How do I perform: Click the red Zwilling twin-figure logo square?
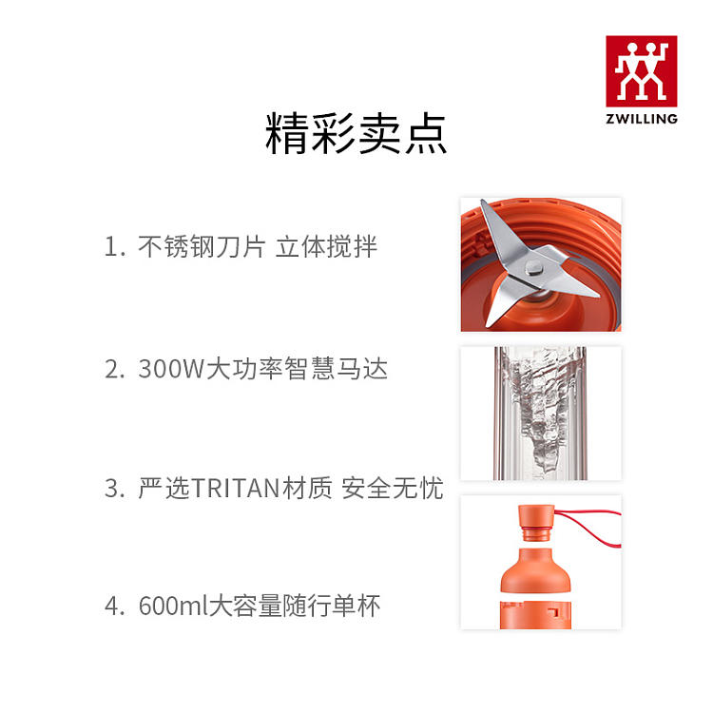point(641,71)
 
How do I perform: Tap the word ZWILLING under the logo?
point(642,119)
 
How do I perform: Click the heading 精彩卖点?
point(356,134)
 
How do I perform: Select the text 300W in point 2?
point(171,368)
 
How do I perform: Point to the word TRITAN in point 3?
point(235,488)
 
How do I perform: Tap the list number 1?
point(114,247)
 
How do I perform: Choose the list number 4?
point(114,606)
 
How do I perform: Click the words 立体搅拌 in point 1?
point(326,247)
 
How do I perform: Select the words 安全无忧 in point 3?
point(393,488)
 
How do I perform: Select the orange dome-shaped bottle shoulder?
point(535,570)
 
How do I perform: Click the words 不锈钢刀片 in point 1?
point(202,247)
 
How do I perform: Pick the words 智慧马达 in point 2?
point(337,368)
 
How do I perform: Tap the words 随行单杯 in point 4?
point(332,606)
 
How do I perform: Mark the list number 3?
point(114,488)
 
